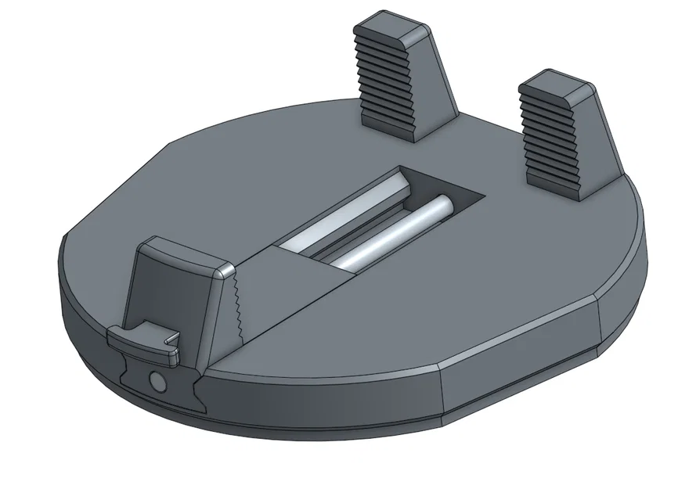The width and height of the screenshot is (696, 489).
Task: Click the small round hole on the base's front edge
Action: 157,382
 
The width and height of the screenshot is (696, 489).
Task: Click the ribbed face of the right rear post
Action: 547,134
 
